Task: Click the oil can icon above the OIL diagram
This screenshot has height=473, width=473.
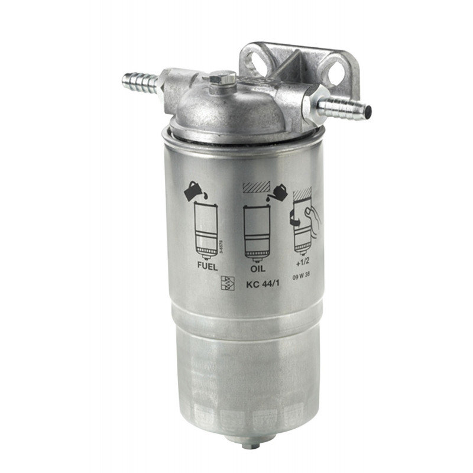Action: point(276,193)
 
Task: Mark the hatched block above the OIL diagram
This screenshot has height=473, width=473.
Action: point(256,186)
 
